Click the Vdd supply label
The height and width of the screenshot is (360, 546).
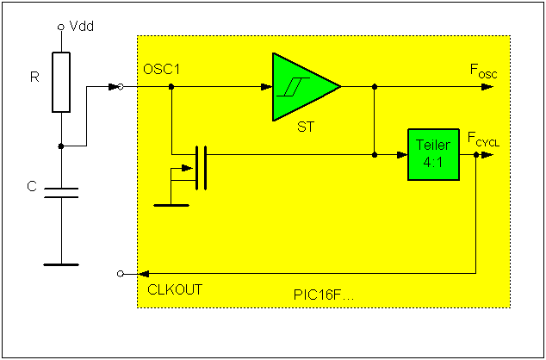[x=82, y=27]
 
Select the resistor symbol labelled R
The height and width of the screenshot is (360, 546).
[x=61, y=82]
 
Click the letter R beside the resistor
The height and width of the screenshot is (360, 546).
[x=34, y=78]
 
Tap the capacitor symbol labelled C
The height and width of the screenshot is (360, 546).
[x=61, y=191]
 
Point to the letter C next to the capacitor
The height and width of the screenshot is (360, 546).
[x=32, y=186]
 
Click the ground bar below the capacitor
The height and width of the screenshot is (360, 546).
[x=61, y=264]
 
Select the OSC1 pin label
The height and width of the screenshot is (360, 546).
[x=164, y=70]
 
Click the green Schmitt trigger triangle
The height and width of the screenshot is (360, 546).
[x=301, y=86]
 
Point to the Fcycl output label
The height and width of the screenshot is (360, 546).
[x=483, y=138]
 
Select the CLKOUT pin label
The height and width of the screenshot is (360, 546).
[x=175, y=289]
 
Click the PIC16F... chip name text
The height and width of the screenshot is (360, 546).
[x=324, y=295]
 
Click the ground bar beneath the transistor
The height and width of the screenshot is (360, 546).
[x=171, y=206]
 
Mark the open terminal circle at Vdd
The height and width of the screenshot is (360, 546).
[x=61, y=28]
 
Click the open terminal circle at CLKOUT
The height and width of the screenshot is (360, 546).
[x=120, y=273]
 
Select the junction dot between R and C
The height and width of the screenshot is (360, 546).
[x=61, y=146]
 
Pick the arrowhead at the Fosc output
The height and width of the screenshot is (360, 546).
[x=487, y=86]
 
